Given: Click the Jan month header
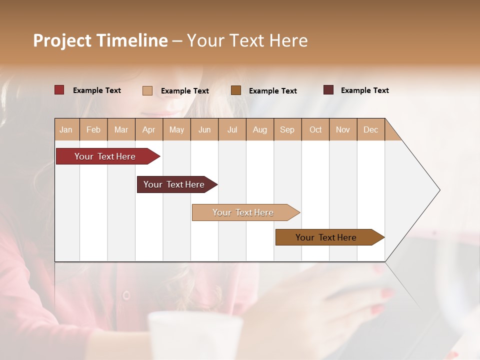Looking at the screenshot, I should click(66, 129).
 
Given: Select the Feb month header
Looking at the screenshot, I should click(93, 129).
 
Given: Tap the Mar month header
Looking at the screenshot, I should click(121, 129).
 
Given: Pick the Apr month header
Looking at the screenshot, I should click(149, 129).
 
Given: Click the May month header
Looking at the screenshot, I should click(176, 129).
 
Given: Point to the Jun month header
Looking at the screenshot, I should click(204, 129).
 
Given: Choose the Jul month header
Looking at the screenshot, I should click(232, 129).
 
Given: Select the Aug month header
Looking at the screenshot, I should click(260, 129).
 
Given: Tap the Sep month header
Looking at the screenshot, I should click(287, 129).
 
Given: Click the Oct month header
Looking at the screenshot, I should click(315, 129).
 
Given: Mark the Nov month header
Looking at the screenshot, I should click(343, 129).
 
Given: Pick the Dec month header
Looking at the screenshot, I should click(371, 129).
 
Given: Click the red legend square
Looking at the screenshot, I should click(59, 90).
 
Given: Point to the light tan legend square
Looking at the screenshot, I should click(147, 90).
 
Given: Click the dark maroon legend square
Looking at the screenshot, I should click(328, 90).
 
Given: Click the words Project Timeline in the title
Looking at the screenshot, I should click(100, 40).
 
